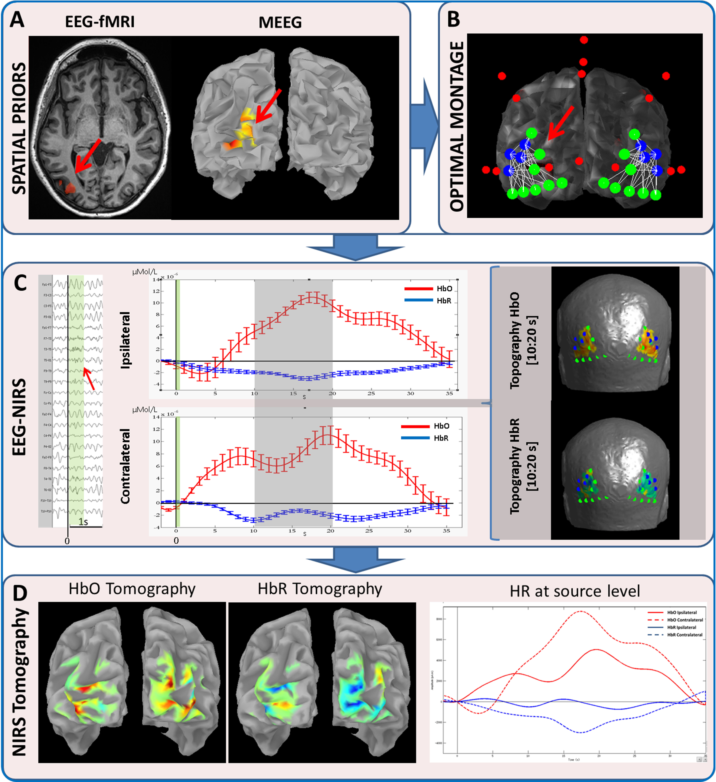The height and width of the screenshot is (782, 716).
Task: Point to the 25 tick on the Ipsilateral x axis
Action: (x=371, y=393)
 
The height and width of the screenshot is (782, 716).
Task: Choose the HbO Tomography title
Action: (x=132, y=589)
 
